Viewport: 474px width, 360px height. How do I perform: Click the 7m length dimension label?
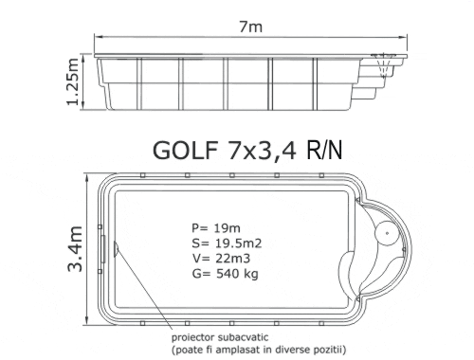pos(250,27)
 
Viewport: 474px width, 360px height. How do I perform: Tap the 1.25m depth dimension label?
pos(72,81)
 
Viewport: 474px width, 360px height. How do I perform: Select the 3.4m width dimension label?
pos(75,249)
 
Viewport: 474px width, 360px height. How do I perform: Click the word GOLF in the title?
pos(185,150)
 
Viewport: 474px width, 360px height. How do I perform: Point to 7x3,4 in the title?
pos(263,151)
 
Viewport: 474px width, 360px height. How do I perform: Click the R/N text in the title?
pos(324,150)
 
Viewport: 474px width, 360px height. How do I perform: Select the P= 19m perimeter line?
pos(216,227)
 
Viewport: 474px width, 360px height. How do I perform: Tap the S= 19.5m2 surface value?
pos(227,243)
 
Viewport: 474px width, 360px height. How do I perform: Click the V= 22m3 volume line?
pos(221,259)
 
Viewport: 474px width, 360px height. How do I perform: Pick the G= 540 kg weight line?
pos(225,274)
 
